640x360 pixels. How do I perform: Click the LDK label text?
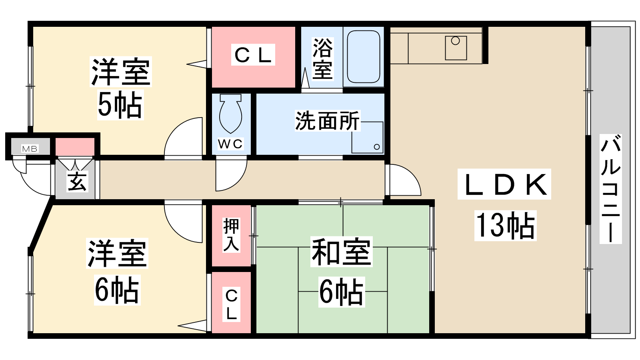point(504,184)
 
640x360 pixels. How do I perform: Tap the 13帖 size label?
point(505,226)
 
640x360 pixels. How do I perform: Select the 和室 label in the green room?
point(342,252)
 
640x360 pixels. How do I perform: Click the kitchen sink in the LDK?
point(456,48)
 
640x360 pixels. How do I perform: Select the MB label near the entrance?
point(30,149)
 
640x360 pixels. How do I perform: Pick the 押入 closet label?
point(231,235)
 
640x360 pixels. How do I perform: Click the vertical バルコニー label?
point(610,189)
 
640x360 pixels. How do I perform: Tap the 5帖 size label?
point(120,104)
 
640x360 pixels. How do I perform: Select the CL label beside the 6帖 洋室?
point(232,304)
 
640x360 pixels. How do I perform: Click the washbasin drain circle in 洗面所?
point(376,147)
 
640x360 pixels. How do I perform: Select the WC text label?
point(230,144)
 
